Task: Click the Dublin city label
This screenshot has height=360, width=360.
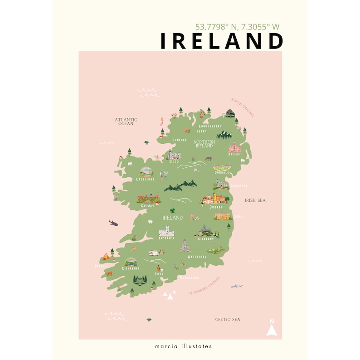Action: [x=216, y=207]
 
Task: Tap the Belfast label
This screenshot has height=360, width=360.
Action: [x=235, y=154]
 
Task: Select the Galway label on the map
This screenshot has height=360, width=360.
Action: [x=148, y=205]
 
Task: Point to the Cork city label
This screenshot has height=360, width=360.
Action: [x=159, y=274]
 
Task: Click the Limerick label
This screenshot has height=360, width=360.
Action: [x=166, y=238]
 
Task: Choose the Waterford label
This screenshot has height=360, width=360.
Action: [x=197, y=257]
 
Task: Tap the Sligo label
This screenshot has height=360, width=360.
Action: [x=174, y=161]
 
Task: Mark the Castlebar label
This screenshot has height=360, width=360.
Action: [x=146, y=180]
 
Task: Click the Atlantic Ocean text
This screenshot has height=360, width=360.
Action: [x=126, y=122]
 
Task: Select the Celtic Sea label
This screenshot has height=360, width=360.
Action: [x=228, y=320]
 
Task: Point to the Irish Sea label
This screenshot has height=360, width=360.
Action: [x=255, y=200]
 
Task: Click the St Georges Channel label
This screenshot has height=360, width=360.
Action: [x=204, y=286]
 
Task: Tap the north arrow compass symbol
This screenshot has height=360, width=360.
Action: [x=272, y=328]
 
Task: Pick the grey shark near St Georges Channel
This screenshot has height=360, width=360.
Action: [x=237, y=286]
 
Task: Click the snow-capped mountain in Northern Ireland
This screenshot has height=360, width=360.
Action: [x=224, y=135]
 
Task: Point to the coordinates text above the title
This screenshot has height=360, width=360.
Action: [x=237, y=27]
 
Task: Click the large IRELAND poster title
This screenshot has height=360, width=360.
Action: [x=222, y=41]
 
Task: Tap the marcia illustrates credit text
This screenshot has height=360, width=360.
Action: [x=180, y=346]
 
